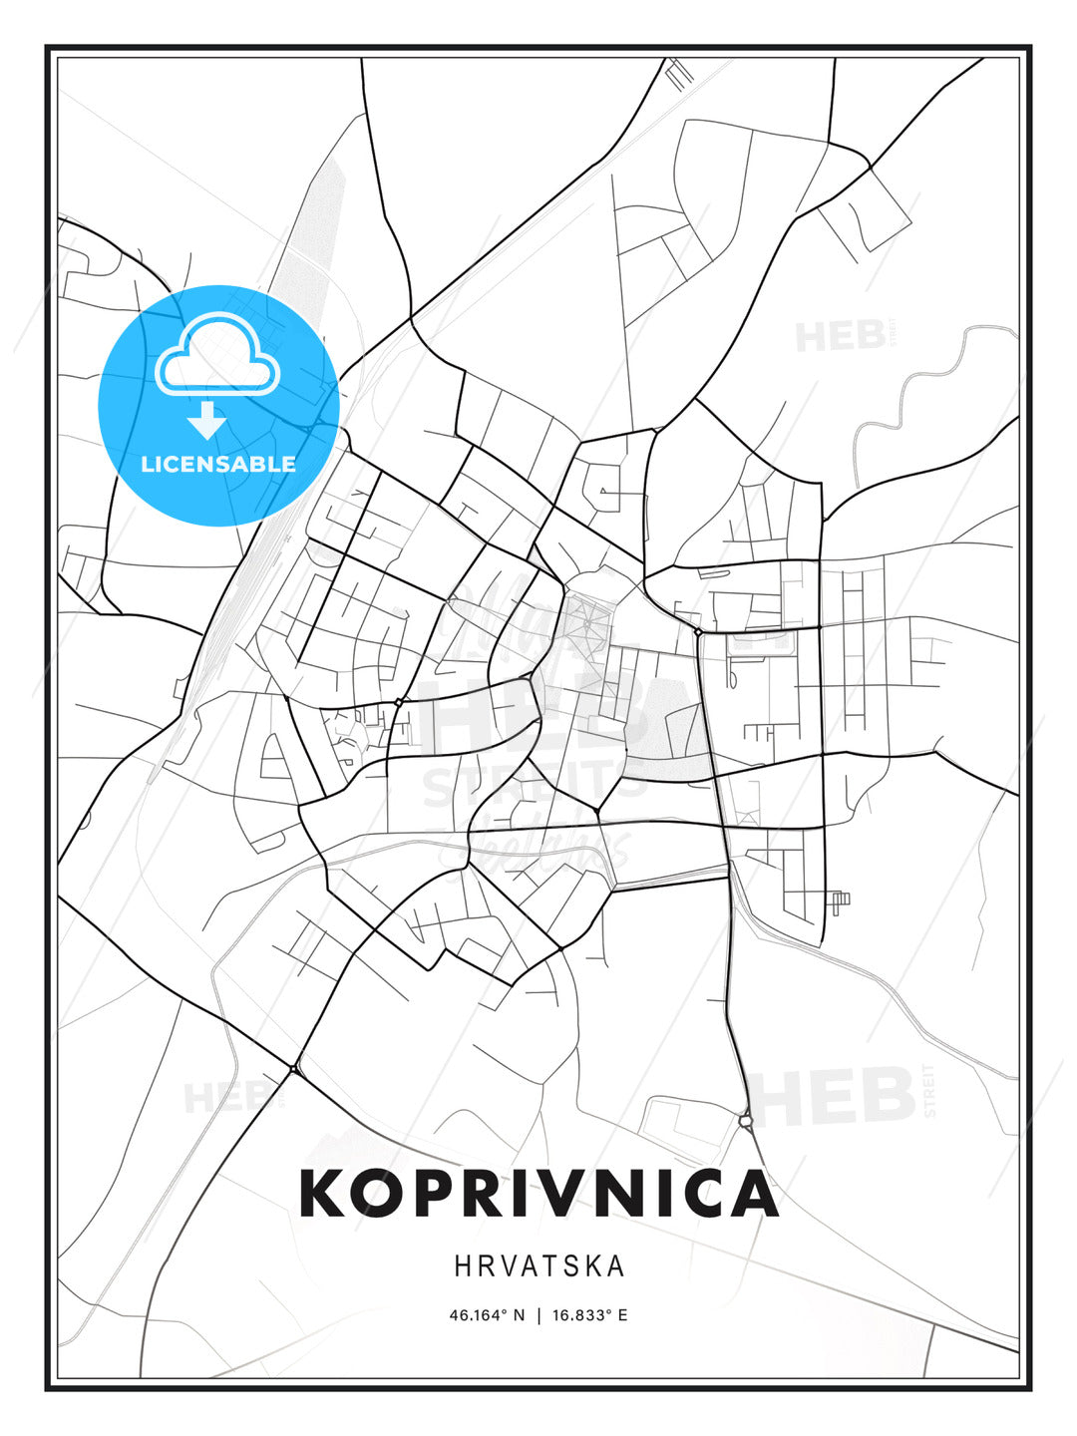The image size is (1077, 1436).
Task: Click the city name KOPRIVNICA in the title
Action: click(538, 1194)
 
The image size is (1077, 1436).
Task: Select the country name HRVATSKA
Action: click(539, 1265)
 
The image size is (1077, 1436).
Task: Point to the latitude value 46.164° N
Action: click(487, 1315)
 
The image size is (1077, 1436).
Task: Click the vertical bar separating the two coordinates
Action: click(538, 1315)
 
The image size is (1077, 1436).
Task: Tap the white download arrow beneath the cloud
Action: click(206, 421)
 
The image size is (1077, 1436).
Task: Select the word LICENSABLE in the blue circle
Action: click(218, 464)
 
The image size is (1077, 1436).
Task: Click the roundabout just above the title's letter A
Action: click(746, 1121)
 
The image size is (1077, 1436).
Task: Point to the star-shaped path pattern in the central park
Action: click(585, 624)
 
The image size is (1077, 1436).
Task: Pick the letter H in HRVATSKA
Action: click(462, 1265)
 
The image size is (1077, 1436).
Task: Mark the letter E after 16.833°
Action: click(622, 1315)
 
